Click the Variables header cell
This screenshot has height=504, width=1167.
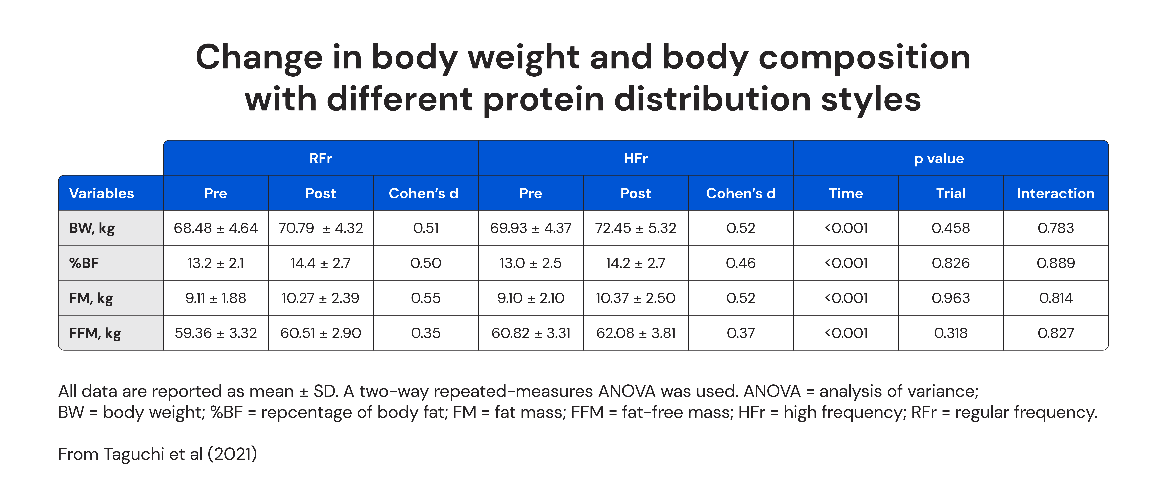coord(102,193)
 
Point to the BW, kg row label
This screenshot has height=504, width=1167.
coord(92,228)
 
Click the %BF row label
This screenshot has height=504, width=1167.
coord(84,263)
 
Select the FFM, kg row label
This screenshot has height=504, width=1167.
coord(95,333)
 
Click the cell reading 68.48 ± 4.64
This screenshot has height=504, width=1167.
coord(216,228)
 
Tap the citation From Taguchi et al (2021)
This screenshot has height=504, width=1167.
coord(158,454)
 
